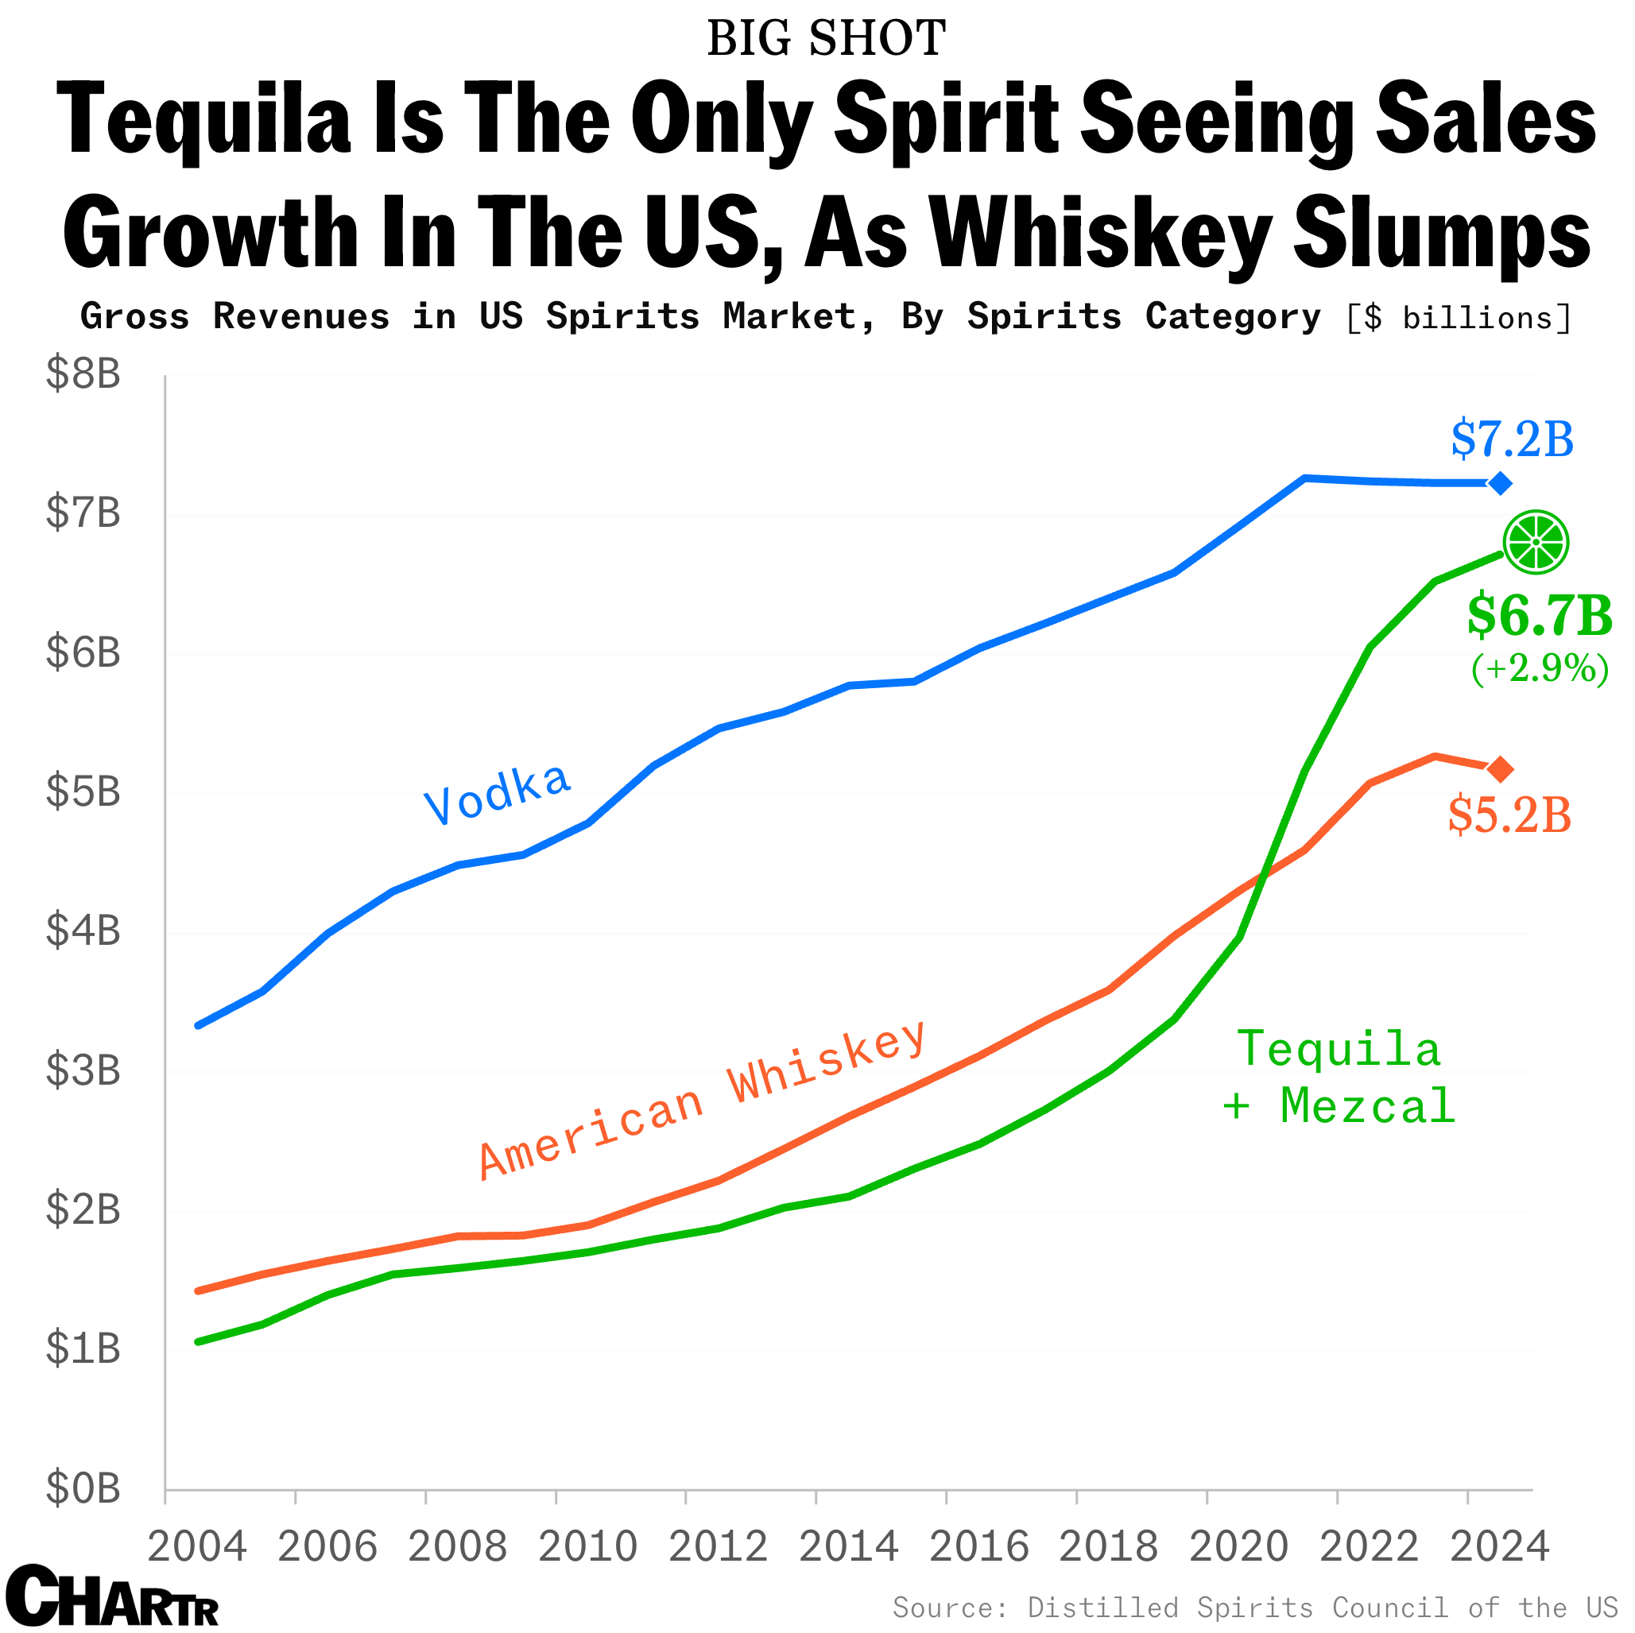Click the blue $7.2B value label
click(x=1512, y=440)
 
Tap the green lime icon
click(x=1535, y=541)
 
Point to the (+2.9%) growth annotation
click(x=1540, y=668)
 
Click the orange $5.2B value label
click(x=1509, y=815)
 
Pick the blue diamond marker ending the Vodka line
click(x=1500, y=483)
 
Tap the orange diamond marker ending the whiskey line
click(x=1500, y=769)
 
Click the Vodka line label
click(x=498, y=793)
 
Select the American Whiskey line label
click(x=703, y=1100)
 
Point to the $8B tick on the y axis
click(x=83, y=373)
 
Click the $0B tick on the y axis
click(x=83, y=1488)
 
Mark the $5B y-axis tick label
click(x=83, y=791)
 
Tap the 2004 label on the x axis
click(x=197, y=1547)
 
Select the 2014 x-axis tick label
click(x=848, y=1547)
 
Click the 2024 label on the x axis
click(x=1500, y=1547)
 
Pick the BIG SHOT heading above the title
click(x=826, y=39)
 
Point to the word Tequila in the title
click(x=203, y=119)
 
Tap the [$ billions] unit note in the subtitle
click(x=1458, y=318)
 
